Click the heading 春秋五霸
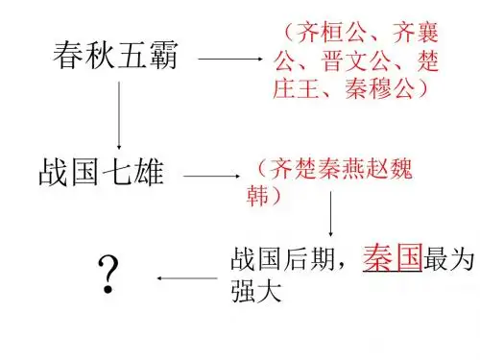[x=115, y=55]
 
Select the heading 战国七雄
[x=102, y=173]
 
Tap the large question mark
[x=108, y=274]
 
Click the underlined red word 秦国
[x=393, y=257]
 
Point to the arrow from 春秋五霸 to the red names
[x=230, y=59]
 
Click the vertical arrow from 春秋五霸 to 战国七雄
[x=119, y=115]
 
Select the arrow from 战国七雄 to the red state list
[x=211, y=176]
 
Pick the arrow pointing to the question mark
[x=187, y=278]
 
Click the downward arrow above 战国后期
[x=330, y=214]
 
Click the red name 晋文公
[x=356, y=60]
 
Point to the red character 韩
[x=257, y=195]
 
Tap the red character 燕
[x=353, y=168]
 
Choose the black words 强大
[x=256, y=291]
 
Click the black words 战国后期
[x=282, y=258]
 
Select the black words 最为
[x=448, y=258]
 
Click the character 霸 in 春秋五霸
[x=163, y=55]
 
